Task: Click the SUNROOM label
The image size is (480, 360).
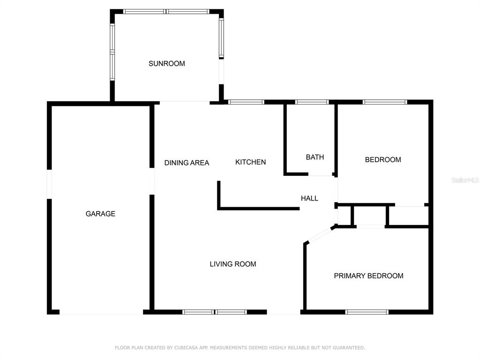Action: tap(166, 63)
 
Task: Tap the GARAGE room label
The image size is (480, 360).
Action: tap(100, 214)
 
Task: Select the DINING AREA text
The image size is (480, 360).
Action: tap(187, 163)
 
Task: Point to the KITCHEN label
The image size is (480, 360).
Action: tap(250, 162)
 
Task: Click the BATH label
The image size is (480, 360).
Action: tap(315, 157)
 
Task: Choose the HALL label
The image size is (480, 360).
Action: tap(309, 198)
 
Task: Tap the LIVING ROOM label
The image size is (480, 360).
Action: tap(233, 264)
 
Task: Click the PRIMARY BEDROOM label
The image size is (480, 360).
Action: tap(368, 276)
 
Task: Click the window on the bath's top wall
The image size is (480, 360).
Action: tap(312, 102)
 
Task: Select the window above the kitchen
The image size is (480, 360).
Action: tap(246, 102)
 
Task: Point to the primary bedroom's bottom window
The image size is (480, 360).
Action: tap(367, 312)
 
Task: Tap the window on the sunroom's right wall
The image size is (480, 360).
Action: tap(221, 38)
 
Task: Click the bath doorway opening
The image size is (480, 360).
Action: tap(320, 174)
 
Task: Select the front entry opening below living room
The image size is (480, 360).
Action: tap(284, 312)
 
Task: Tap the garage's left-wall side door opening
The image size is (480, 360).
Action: tap(49, 184)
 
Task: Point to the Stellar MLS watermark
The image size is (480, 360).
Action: tap(465, 180)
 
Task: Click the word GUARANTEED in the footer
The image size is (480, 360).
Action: tap(349, 348)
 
